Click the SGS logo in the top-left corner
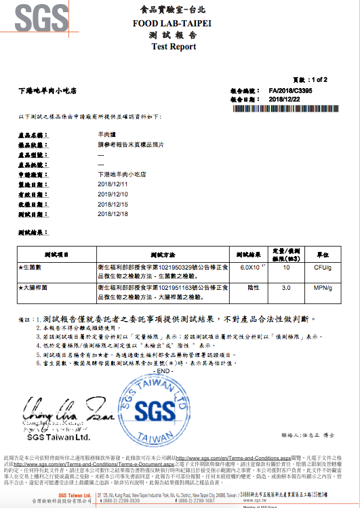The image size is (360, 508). pyautogui.click(x=35, y=20)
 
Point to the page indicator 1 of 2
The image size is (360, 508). pyautogui.click(x=315, y=79)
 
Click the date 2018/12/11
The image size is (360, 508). pyautogui.click(x=113, y=184)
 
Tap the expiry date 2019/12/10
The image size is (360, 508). pyautogui.click(x=113, y=194)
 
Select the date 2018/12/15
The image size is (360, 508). pyautogui.click(x=113, y=204)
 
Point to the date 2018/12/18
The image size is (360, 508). pyautogui.click(x=113, y=213)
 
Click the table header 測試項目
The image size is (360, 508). pyautogui.click(x=57, y=255)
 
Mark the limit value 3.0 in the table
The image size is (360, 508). pyautogui.click(x=286, y=288)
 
